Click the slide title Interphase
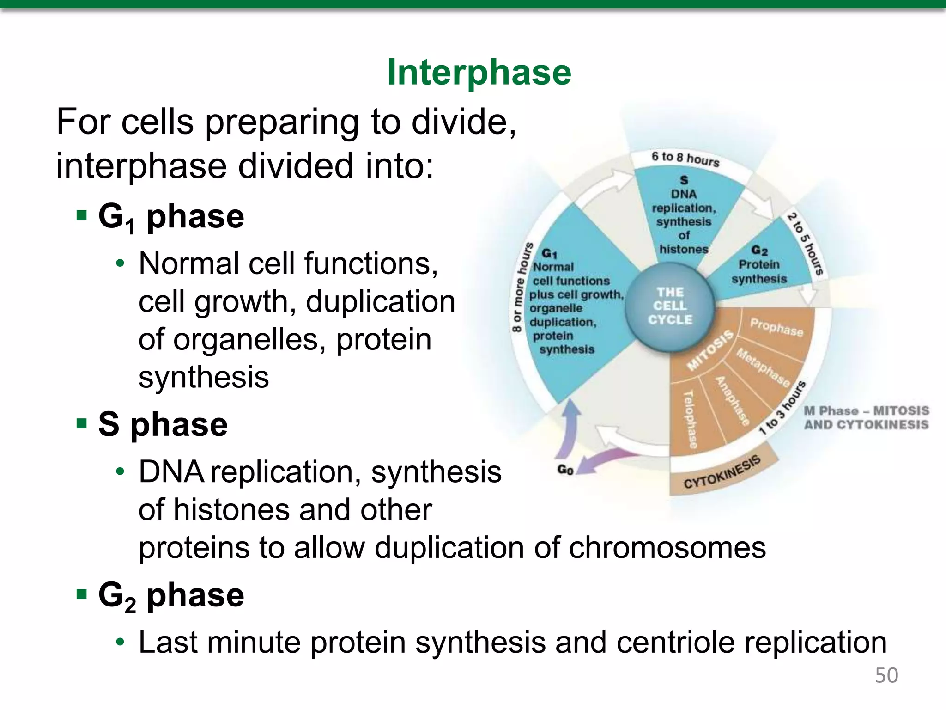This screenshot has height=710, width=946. [479, 73]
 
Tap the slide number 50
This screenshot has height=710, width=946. [886, 675]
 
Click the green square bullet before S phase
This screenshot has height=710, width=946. [82, 423]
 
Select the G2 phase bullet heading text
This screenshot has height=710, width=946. [171, 595]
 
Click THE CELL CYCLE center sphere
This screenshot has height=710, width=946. [670, 306]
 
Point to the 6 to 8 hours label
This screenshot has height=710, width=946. [685, 159]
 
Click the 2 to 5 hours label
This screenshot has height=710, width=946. [806, 244]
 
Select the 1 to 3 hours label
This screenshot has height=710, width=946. [782, 408]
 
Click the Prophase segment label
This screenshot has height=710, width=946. [776, 327]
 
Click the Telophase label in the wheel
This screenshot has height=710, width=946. [690, 419]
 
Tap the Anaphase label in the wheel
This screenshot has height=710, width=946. [732, 401]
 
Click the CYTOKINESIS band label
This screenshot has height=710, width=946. [722, 472]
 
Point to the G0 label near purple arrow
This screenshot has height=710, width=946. [565, 470]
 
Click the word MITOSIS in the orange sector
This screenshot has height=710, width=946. [710, 350]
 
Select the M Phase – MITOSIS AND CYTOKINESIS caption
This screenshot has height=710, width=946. [866, 417]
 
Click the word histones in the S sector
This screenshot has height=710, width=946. [684, 249]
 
